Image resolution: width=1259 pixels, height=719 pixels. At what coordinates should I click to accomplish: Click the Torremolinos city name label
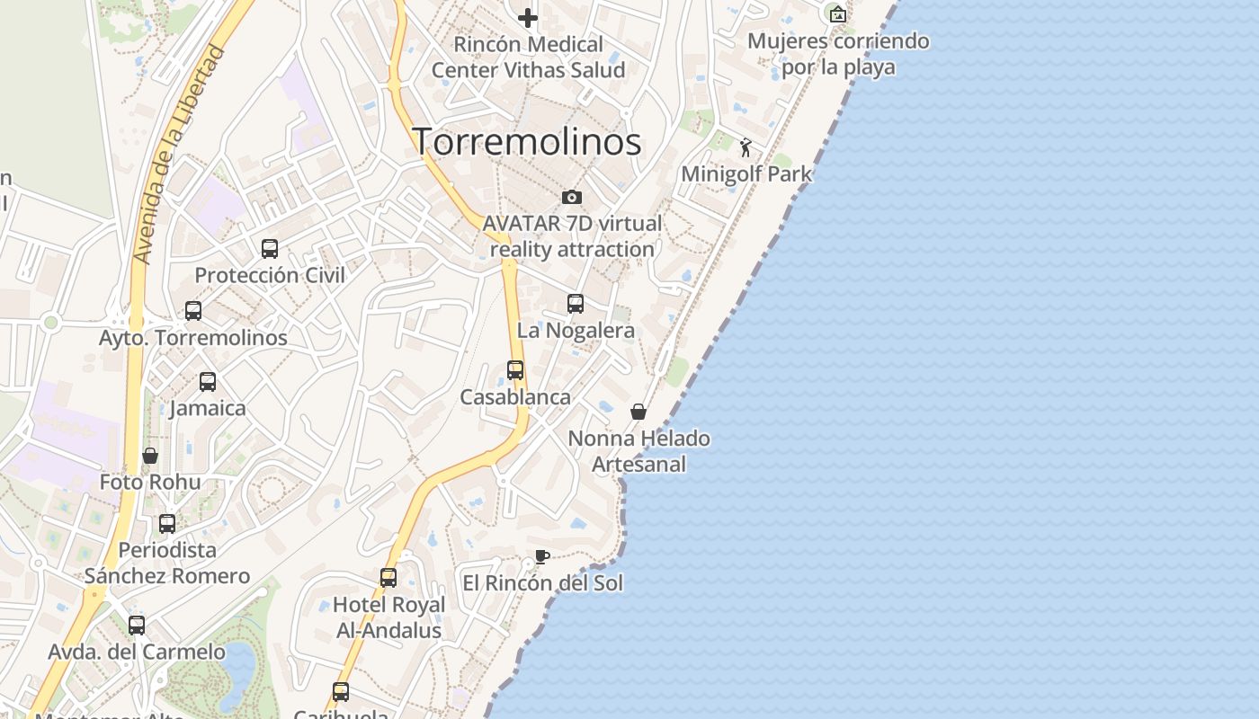click(527, 142)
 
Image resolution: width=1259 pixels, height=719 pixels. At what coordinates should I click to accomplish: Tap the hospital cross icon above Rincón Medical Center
click(528, 17)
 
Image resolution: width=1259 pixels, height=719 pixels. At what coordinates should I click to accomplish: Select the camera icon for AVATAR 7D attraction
click(572, 197)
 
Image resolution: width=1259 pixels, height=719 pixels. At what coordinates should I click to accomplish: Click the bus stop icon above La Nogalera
click(576, 304)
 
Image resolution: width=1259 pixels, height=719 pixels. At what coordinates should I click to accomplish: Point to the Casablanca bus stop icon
click(515, 369)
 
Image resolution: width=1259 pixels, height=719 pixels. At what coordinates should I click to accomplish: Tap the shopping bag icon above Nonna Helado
click(638, 412)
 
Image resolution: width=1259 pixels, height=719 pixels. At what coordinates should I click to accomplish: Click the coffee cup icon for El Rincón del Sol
click(541, 556)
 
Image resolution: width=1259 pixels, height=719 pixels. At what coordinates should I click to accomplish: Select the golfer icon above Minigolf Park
click(746, 147)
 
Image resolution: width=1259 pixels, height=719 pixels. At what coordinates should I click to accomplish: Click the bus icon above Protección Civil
click(270, 249)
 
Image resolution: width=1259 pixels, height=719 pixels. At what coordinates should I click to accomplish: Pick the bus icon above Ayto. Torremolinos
click(193, 311)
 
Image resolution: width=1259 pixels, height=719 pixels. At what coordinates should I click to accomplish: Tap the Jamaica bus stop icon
click(208, 382)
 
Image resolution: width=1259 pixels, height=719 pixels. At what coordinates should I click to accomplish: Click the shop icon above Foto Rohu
click(150, 456)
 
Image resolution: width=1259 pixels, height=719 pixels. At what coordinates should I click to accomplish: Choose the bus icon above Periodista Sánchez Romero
click(167, 523)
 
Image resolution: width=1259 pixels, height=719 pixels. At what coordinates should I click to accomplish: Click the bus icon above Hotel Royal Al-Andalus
click(388, 578)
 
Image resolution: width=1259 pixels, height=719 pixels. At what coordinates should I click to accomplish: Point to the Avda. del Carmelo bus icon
click(137, 625)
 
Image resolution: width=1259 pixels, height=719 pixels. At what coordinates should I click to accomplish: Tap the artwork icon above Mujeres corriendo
click(838, 13)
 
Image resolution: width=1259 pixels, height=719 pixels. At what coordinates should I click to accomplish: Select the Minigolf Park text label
click(746, 173)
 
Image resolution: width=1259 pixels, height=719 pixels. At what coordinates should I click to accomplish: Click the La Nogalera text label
click(576, 330)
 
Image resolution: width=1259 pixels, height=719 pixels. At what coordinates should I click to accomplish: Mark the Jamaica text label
click(208, 408)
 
